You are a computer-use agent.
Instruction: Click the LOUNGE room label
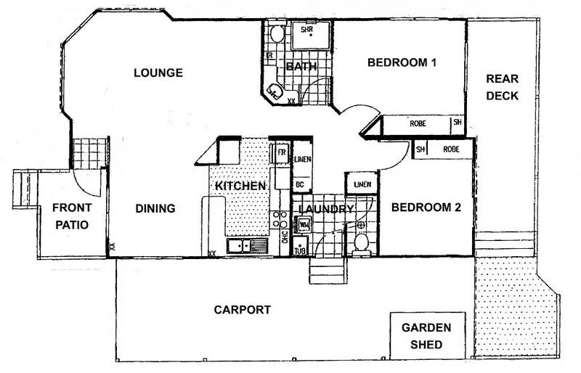(158, 73)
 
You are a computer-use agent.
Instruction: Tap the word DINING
(155, 209)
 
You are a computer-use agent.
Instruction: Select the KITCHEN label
(240, 186)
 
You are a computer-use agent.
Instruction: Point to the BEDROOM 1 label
(402, 62)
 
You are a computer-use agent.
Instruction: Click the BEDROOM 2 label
(426, 208)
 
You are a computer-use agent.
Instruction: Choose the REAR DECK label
(502, 87)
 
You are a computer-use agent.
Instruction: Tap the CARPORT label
(242, 310)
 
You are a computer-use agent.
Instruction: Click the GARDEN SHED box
(426, 336)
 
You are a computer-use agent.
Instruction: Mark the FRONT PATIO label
(70, 217)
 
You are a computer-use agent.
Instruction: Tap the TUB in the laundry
(301, 247)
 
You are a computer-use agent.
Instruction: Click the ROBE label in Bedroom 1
(418, 123)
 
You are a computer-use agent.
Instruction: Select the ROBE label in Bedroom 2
(452, 149)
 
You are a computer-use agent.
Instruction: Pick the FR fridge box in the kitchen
(281, 154)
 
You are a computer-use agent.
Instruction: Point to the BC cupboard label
(299, 184)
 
